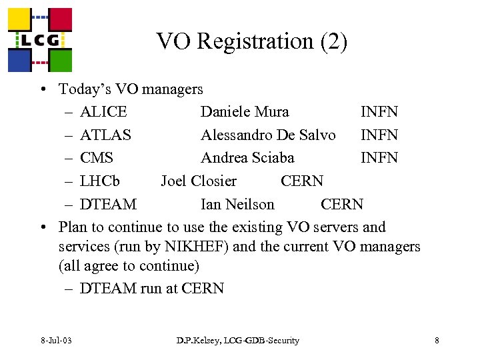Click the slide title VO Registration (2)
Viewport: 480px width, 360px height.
(x=252, y=42)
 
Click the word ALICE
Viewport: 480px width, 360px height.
(x=103, y=111)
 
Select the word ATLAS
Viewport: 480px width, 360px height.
(x=105, y=135)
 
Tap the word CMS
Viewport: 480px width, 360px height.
(x=97, y=157)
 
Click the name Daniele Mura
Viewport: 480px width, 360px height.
(x=245, y=111)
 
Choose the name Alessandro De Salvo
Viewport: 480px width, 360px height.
(x=268, y=135)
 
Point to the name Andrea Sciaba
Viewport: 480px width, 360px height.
(x=247, y=157)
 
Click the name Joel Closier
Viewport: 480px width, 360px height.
(x=199, y=181)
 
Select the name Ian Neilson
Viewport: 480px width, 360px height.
(x=237, y=204)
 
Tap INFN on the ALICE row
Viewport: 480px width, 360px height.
(x=379, y=111)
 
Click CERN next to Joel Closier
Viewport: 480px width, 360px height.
(x=302, y=181)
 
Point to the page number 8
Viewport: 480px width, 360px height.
(x=437, y=341)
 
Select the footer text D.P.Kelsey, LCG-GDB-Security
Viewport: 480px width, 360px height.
(x=238, y=341)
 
